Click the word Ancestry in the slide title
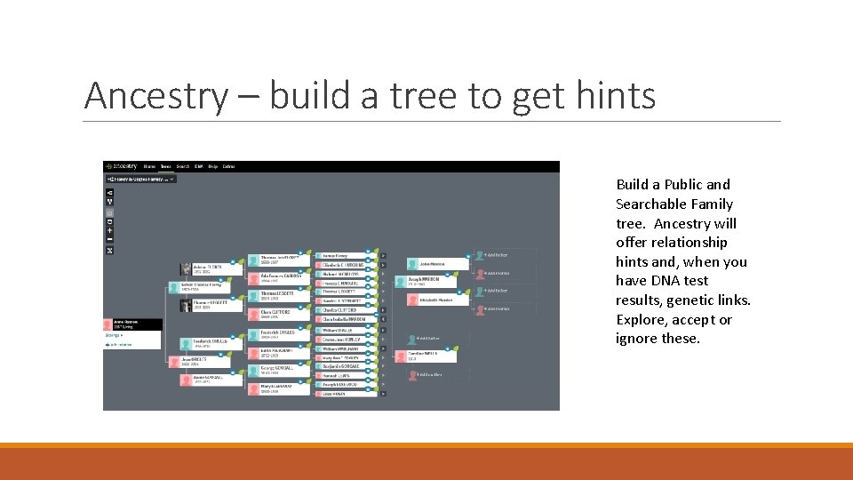pyautogui.click(x=155, y=95)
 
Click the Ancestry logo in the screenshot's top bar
pyautogui.click(x=122, y=166)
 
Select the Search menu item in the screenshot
pyautogui.click(x=182, y=166)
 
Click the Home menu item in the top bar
pyautogui.click(x=149, y=166)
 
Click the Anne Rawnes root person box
pyautogui.click(x=132, y=325)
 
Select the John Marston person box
pyautogui.click(x=437, y=264)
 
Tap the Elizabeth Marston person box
pyautogui.click(x=437, y=300)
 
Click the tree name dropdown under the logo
pyautogui.click(x=140, y=179)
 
